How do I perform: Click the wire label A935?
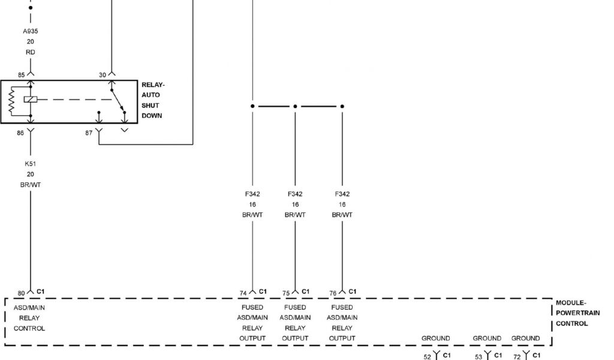click(30, 31)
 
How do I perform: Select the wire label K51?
click(30, 163)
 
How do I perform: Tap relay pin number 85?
click(21, 75)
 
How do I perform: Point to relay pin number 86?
click(20, 133)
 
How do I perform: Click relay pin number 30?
click(102, 75)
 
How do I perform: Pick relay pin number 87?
click(89, 133)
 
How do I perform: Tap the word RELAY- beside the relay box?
click(153, 85)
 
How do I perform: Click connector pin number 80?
click(21, 293)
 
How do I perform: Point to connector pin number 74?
click(243, 293)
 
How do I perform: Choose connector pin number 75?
click(286, 293)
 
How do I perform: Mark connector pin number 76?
click(333, 293)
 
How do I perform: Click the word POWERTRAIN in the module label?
click(577, 313)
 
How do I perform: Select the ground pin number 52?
click(428, 357)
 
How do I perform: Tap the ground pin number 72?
click(517, 357)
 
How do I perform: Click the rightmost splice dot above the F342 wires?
click(342, 106)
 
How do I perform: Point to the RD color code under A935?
click(30, 52)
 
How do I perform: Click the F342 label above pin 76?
click(342, 194)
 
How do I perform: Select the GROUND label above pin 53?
click(487, 338)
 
